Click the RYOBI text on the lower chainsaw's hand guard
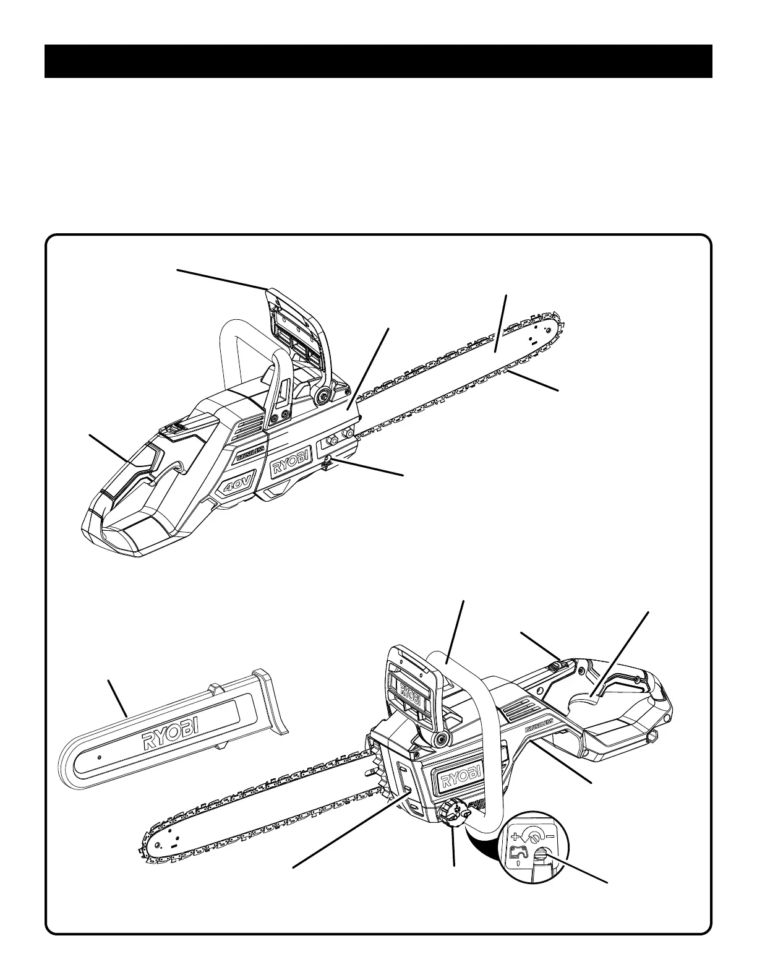pyautogui.click(x=408, y=689)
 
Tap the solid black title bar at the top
pyautogui.click(x=378, y=61)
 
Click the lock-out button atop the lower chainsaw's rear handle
pyautogui.click(x=557, y=666)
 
